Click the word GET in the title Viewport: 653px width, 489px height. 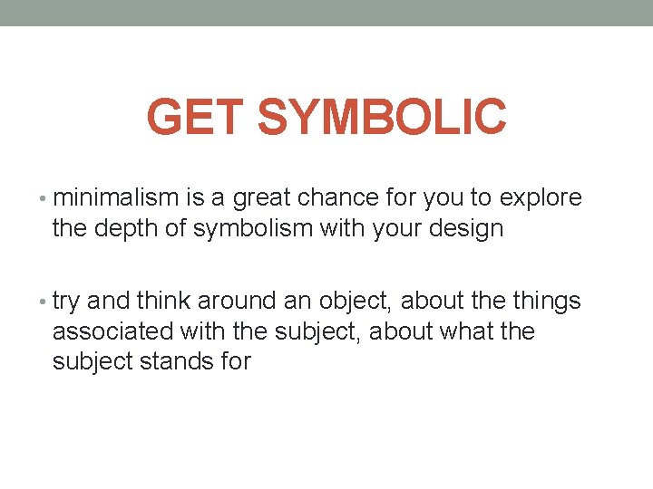[x=195, y=117]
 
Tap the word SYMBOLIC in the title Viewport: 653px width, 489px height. [x=382, y=117]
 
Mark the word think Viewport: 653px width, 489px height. [x=162, y=301]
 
